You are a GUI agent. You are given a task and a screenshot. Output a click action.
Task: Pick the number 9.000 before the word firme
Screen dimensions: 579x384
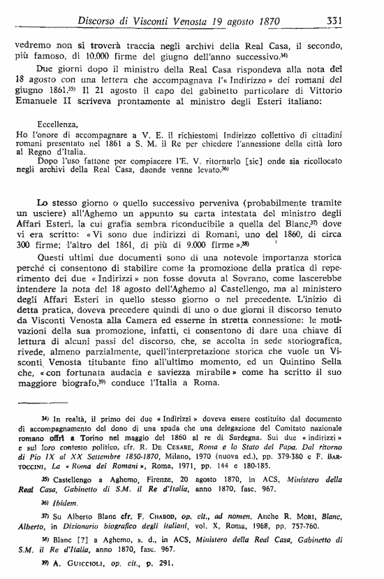(267, 226)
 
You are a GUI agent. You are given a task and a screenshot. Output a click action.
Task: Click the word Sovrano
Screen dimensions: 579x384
(247, 259)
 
